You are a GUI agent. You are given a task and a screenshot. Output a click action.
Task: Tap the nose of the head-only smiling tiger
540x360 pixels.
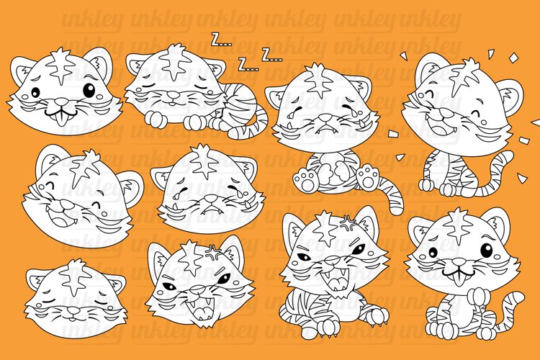pyautogui.click(x=62, y=102)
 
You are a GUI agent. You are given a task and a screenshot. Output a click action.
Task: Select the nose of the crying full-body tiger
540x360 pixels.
pyautogui.click(x=325, y=117)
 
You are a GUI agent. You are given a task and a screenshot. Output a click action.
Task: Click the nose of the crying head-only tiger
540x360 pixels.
pyautogui.click(x=211, y=199)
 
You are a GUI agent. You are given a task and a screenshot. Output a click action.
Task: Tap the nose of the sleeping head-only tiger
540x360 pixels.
pyautogui.click(x=73, y=310)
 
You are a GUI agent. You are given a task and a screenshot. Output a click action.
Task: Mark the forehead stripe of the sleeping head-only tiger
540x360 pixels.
pyautogui.click(x=74, y=276)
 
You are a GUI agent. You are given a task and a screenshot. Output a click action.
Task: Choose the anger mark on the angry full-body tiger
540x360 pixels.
pyautogui.click(x=348, y=224)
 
